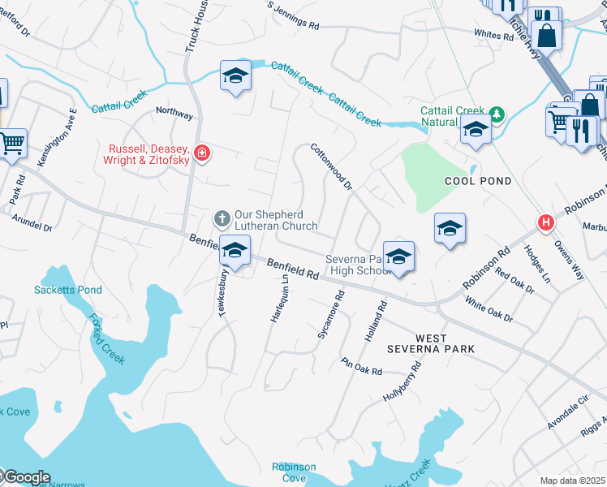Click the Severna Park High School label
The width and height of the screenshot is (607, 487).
click(359, 265)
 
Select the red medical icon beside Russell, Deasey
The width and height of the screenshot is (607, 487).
click(201, 152)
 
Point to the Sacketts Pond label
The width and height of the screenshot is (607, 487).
click(56, 290)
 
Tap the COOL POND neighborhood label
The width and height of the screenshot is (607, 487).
click(478, 181)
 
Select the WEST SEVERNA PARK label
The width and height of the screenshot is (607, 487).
click(445, 343)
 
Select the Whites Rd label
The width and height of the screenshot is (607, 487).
click(489, 34)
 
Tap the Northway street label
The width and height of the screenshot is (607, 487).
click(174, 115)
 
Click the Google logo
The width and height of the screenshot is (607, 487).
click(26, 477)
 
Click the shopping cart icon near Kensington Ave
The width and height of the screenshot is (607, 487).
click(12, 144)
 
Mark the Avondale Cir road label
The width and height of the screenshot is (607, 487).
click(566, 416)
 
